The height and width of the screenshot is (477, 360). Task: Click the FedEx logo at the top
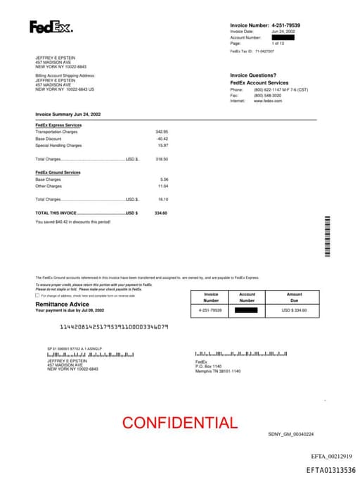[x=51, y=27]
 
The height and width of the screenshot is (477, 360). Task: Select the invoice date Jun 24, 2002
[x=283, y=32]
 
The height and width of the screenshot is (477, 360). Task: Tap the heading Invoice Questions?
[x=253, y=75]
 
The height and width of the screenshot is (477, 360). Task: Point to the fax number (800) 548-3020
[x=268, y=95]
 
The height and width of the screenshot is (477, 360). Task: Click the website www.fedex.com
[x=268, y=101]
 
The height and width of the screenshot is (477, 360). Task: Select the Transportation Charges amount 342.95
[x=162, y=132]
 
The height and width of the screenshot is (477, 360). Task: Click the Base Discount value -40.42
[x=162, y=139]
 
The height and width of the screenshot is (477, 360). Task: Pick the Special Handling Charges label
[x=58, y=146]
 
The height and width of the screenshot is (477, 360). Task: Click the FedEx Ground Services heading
[x=58, y=172]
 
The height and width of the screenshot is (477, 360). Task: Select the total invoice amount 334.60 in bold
[x=161, y=212]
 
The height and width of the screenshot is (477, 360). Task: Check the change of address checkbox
[x=37, y=295]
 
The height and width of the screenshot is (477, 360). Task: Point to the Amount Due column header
[x=294, y=297]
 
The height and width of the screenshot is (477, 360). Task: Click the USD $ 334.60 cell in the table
[x=294, y=310]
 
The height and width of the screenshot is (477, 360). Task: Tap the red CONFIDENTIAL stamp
[x=179, y=423]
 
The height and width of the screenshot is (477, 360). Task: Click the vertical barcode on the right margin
[x=327, y=238]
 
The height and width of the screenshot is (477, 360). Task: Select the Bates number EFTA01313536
[x=330, y=469]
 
